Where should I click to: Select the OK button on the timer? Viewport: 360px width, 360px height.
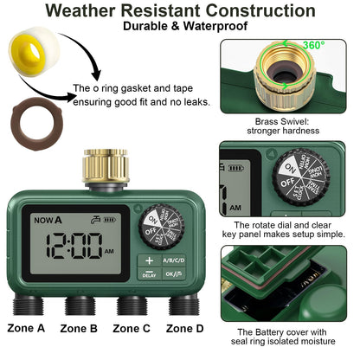[174, 275]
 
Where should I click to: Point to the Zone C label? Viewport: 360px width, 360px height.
[132, 328]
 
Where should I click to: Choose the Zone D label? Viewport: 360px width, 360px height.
[184, 328]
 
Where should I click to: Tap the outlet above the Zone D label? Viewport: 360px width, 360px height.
[183, 305]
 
